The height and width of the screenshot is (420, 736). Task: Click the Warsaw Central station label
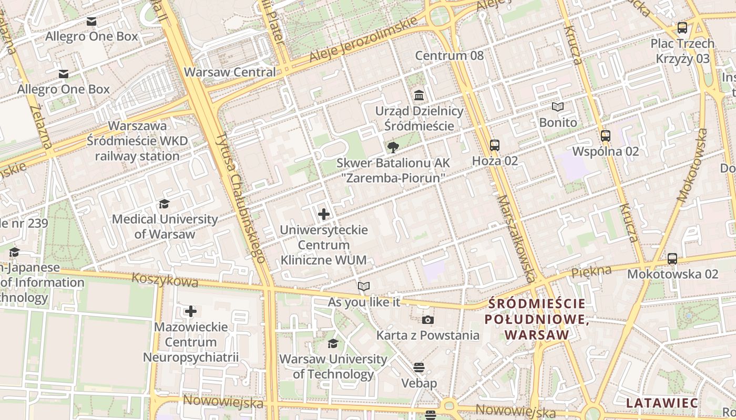coord(230,72)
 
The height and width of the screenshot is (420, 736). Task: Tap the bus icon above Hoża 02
coord(494,145)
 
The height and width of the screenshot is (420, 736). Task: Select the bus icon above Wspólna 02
coord(605,136)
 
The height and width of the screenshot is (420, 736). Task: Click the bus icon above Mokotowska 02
coord(672,258)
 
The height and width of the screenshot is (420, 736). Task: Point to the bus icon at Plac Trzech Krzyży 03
coord(682,28)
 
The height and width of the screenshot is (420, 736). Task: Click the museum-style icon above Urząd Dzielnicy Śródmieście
coord(419,96)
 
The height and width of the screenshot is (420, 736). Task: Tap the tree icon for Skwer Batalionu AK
coord(392,148)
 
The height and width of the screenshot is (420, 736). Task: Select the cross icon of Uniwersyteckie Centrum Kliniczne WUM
coord(324,214)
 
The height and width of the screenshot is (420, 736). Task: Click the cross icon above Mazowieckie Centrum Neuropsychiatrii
coord(190,311)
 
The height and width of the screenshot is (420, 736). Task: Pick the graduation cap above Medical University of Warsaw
coord(164,204)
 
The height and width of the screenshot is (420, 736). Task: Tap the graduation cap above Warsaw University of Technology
coord(333,343)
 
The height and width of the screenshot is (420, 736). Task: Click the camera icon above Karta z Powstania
coord(427,320)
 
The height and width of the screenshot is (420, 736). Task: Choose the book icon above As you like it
coord(363,287)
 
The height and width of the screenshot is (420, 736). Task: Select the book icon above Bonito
coord(557,107)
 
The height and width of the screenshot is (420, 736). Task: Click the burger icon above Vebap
coord(418,367)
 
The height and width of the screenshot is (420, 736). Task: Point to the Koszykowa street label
coord(165,280)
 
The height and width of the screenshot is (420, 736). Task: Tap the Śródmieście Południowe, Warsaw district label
coord(536,319)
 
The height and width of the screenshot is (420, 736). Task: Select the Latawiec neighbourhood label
coord(662,403)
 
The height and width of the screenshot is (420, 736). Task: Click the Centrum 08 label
coord(449,56)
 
